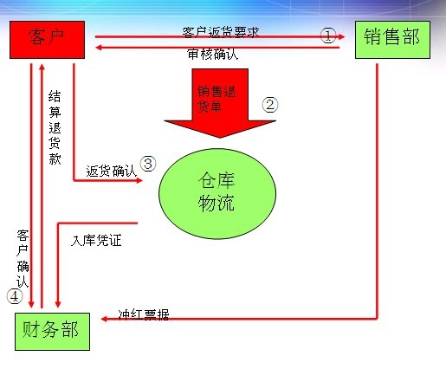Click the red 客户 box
[47, 40]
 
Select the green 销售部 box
[392, 40]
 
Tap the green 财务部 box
[52, 332]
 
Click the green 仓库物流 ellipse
[217, 194]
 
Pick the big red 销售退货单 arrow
[220, 103]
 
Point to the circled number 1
[328, 36]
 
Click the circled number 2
[270, 105]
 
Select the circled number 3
[148, 164]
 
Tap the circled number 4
[15, 296]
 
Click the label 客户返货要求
[221, 32]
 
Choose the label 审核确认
[213, 54]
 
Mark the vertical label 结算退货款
[55, 127]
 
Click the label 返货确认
[111, 172]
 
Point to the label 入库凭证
[96, 241]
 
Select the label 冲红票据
[144, 314]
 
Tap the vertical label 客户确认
[23, 259]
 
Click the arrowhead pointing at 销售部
[342, 36]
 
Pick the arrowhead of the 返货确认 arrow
[139, 180]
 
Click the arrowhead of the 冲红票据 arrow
[104, 319]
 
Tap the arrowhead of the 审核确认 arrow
[99, 47]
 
